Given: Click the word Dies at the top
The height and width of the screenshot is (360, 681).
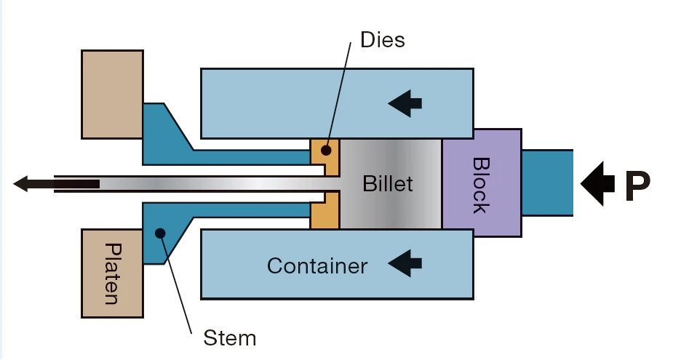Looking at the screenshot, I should pyautogui.click(x=383, y=39).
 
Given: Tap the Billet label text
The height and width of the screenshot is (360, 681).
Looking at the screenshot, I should pyautogui.click(x=388, y=183).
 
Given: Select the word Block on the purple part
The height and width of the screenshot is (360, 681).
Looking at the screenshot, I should pyautogui.click(x=481, y=185).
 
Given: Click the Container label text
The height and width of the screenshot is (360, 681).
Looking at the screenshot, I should pyautogui.click(x=316, y=266).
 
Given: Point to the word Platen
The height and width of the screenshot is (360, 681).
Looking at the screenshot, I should pyautogui.click(x=112, y=273).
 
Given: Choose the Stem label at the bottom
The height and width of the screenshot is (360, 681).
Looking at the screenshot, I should pyautogui.click(x=230, y=337).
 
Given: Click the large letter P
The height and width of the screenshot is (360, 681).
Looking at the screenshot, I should pyautogui.click(x=637, y=187).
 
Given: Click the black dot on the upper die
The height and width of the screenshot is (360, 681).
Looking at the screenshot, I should pyautogui.click(x=327, y=151).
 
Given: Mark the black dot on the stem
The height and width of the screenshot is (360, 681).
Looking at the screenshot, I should pyautogui.click(x=161, y=233).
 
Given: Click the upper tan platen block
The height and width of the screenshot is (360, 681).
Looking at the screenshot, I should pyautogui.click(x=112, y=95).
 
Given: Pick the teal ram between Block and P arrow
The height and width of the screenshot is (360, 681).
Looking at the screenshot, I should pyautogui.click(x=547, y=182).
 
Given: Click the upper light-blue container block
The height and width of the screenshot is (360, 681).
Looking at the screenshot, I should pyautogui.click(x=291, y=102).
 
